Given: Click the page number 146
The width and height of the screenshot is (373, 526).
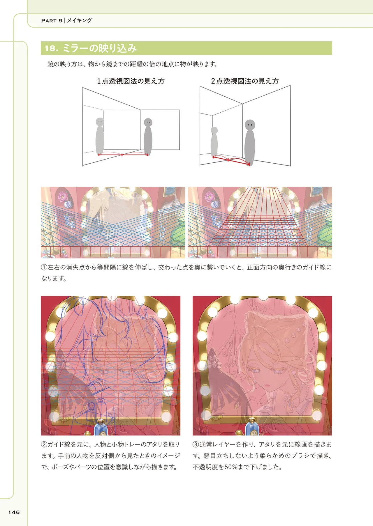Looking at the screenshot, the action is click(x=14, y=512).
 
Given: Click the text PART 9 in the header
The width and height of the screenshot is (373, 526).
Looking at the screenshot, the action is click(x=52, y=20).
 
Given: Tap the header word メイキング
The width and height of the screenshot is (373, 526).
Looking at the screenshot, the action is click(x=80, y=20).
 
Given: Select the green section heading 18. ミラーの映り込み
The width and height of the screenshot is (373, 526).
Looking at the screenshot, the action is click(x=91, y=48).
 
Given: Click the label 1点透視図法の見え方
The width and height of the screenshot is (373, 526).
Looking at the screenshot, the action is click(x=131, y=81).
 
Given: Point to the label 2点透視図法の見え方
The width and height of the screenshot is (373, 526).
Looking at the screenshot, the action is click(x=245, y=81).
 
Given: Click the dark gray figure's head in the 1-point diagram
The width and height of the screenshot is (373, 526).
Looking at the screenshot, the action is click(x=148, y=122).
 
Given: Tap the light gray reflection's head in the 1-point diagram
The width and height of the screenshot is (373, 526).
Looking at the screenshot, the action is click(x=100, y=122).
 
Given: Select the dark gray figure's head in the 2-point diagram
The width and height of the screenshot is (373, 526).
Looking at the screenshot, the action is click(x=250, y=125).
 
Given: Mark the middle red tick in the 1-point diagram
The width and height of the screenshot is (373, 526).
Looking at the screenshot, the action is click(x=122, y=155).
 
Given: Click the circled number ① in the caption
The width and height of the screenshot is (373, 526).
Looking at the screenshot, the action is click(x=44, y=267).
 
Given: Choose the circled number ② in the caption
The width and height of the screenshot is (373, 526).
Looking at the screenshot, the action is click(x=44, y=444).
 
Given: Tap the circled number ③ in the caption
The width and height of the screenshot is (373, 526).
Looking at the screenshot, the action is click(x=196, y=444).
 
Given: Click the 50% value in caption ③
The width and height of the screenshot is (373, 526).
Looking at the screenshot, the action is click(x=231, y=467).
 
